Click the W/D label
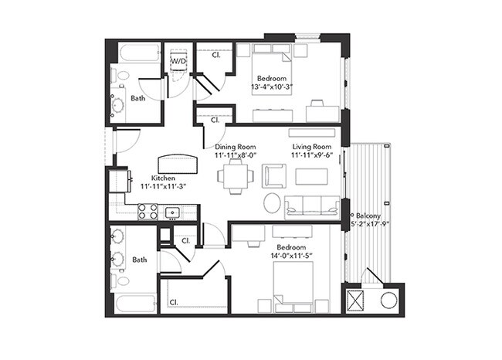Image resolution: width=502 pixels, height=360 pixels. point(178,59)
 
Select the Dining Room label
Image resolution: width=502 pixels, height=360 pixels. point(236,146)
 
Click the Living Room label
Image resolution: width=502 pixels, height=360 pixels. point(311,146)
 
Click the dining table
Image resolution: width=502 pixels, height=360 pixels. point(235,175)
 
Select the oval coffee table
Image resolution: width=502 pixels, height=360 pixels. point(273,202)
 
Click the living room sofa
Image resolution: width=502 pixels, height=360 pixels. point(312,207)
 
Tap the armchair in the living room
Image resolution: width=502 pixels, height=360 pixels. point(274,175)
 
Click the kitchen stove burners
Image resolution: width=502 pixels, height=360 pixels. point(148,212)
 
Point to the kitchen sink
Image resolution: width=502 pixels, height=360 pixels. point(172,212)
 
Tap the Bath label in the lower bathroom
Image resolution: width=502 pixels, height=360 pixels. point(139,260)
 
